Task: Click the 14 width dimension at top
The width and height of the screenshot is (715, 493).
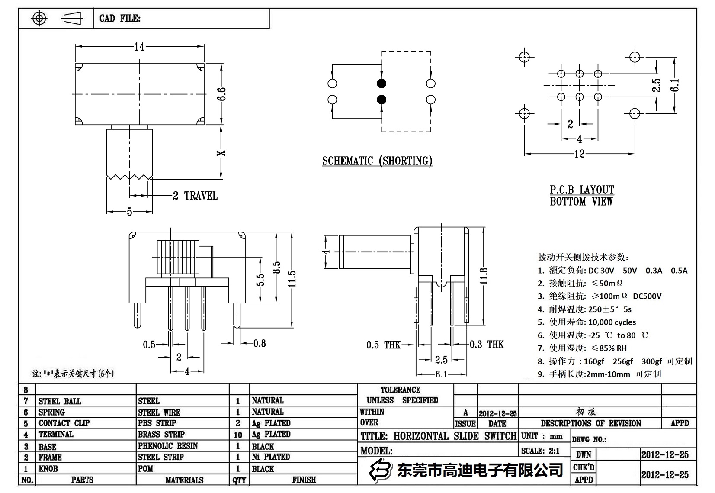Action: (139, 47)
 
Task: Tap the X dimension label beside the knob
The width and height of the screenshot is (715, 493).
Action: (221, 153)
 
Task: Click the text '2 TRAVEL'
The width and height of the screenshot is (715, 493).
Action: (195, 196)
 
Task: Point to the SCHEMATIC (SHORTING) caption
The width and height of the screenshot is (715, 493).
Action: (377, 161)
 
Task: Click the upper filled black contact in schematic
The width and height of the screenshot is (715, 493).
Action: (381, 84)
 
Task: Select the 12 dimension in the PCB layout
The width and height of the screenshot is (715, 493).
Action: (579, 154)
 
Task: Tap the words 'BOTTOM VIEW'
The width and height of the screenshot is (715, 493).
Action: (581, 202)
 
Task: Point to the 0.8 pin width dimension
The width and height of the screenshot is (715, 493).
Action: (260, 344)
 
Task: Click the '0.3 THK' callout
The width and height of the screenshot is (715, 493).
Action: (487, 345)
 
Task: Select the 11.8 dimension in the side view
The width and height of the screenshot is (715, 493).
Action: (484, 276)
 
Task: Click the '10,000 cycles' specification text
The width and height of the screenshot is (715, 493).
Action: (612, 322)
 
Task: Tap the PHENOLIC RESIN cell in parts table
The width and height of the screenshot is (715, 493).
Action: (168, 446)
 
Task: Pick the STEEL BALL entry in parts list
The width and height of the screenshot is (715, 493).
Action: (60, 401)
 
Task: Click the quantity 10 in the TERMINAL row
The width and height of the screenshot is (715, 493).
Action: (238, 435)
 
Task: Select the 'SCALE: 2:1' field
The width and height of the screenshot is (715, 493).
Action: (540, 451)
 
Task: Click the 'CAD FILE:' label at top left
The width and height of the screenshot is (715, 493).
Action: (120, 19)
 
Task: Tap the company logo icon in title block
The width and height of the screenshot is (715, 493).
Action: (380, 470)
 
